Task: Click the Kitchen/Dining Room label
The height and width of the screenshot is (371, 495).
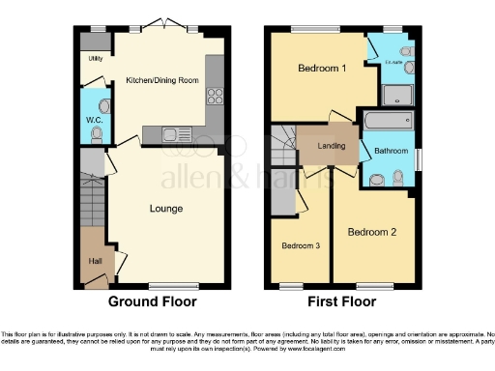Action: click(162, 80)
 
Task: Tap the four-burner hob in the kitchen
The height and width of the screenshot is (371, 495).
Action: click(215, 97)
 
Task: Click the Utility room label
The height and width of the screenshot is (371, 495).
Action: click(95, 59)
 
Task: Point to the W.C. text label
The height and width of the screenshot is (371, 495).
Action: click(94, 120)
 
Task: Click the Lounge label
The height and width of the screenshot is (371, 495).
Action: click(165, 209)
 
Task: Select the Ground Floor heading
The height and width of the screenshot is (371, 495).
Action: click(153, 301)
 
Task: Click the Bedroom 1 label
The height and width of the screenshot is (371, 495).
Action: click(321, 70)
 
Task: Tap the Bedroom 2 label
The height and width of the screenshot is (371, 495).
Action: click(372, 232)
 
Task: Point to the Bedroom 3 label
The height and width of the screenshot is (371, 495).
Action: click(300, 245)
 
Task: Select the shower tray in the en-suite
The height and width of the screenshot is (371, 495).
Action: click(397, 94)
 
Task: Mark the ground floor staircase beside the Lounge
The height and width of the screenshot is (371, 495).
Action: click(91, 203)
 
